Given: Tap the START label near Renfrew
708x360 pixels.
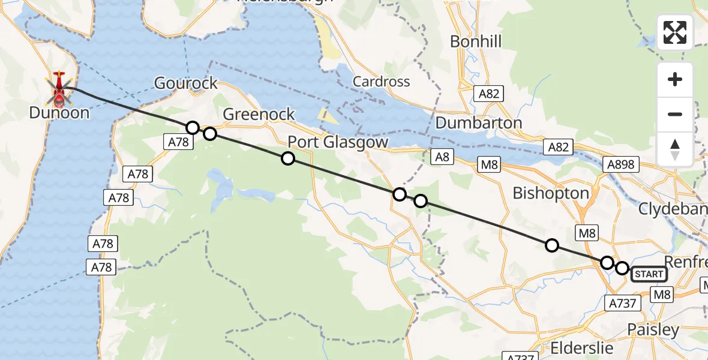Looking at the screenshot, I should [x=649, y=274].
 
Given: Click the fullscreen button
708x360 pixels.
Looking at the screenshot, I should [x=675, y=32].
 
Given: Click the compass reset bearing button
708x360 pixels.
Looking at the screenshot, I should [x=675, y=149].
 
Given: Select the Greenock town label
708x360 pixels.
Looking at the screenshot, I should [x=259, y=114].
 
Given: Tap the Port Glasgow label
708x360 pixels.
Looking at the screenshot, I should [x=338, y=142].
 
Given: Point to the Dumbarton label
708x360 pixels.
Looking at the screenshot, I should [x=479, y=122].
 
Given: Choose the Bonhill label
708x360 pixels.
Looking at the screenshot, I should [x=475, y=41].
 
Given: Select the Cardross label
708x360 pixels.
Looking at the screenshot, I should [x=381, y=82].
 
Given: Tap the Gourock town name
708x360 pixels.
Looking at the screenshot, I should [x=186, y=83].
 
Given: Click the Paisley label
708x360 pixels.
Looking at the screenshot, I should [x=653, y=329].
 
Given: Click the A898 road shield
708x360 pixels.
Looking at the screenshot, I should [x=620, y=164].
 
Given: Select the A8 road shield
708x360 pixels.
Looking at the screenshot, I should [x=442, y=157].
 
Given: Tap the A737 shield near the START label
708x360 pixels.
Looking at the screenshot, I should [x=622, y=303].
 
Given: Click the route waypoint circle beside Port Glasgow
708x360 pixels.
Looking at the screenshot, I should [x=288, y=158].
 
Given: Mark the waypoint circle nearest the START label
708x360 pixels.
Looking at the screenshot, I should [x=622, y=268].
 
